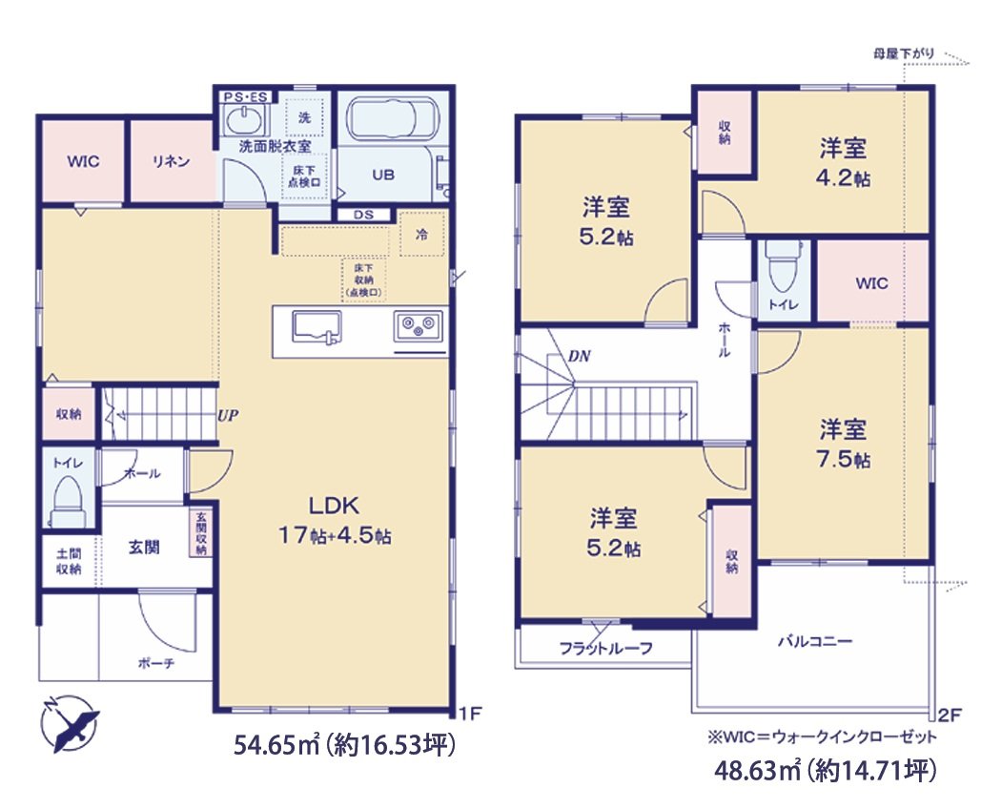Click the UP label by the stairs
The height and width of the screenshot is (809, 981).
(227, 417)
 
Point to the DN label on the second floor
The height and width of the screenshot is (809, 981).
(579, 355)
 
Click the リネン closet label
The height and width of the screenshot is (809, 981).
(170, 161)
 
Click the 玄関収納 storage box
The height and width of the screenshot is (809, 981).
(201, 533)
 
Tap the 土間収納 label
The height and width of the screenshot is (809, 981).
(67, 561)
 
